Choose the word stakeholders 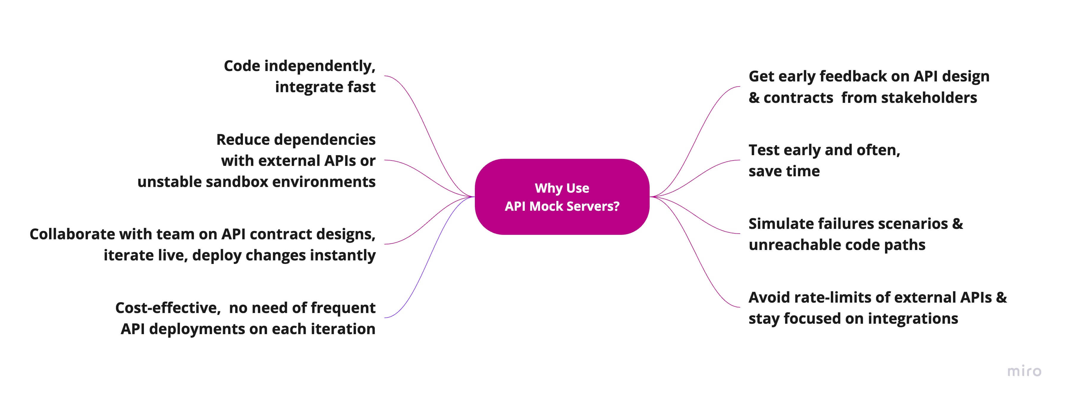929,98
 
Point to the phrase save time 784,171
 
